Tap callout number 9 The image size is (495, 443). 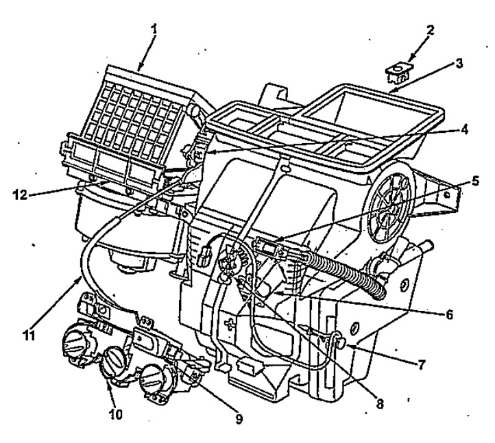pyautogui.click(x=239, y=418)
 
